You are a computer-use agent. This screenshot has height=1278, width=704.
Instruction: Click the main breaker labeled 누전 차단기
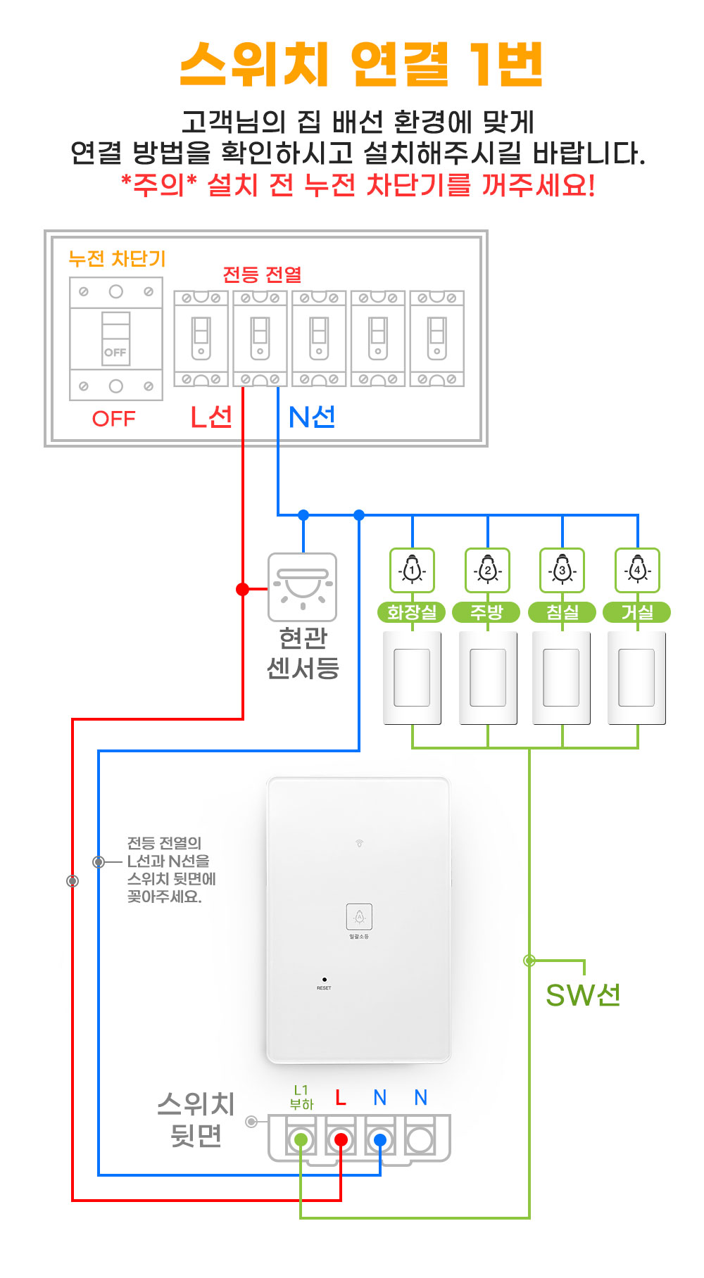116,339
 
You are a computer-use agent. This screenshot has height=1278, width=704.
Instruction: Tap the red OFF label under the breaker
113,419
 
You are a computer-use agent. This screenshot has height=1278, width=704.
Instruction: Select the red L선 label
211,417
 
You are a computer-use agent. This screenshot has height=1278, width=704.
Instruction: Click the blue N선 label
312,417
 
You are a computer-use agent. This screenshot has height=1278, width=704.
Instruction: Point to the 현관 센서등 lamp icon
303,586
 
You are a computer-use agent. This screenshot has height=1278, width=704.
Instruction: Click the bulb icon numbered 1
412,570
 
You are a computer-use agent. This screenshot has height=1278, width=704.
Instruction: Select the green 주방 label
487,612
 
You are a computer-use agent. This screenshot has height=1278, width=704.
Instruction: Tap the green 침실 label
562,612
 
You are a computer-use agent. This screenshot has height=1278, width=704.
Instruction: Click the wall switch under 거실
636,678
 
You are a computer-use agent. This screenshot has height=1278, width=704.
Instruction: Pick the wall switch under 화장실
412,678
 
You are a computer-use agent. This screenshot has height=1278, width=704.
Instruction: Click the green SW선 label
583,995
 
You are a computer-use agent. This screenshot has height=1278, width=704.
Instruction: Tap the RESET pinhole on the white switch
324,980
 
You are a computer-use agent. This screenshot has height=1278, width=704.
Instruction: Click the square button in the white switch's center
359,916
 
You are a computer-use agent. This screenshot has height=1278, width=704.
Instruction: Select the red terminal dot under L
341,1139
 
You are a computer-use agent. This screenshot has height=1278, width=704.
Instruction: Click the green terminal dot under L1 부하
301,1139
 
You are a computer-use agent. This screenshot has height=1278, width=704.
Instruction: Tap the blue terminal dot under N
380,1139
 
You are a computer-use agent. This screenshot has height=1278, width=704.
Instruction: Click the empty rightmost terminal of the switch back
420,1139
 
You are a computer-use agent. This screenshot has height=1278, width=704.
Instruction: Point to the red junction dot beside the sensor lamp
243,589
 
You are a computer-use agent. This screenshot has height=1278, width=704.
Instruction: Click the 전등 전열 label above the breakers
262,274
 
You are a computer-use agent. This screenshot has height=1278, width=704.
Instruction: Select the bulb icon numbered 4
637,570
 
